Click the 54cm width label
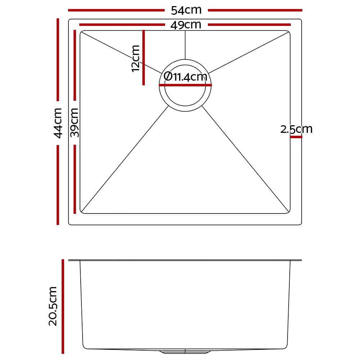186,10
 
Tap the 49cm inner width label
186,25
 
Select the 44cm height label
58,123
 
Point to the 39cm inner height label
74,123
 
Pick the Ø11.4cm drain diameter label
185,77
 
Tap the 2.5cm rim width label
296,129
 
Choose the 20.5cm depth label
53,306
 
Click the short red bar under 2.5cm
296,137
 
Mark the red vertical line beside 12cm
143,58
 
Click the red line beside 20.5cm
63,306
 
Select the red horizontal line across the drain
185,85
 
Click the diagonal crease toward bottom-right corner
245,158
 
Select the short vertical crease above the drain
185,45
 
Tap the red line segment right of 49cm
249,25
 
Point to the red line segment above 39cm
75,65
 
